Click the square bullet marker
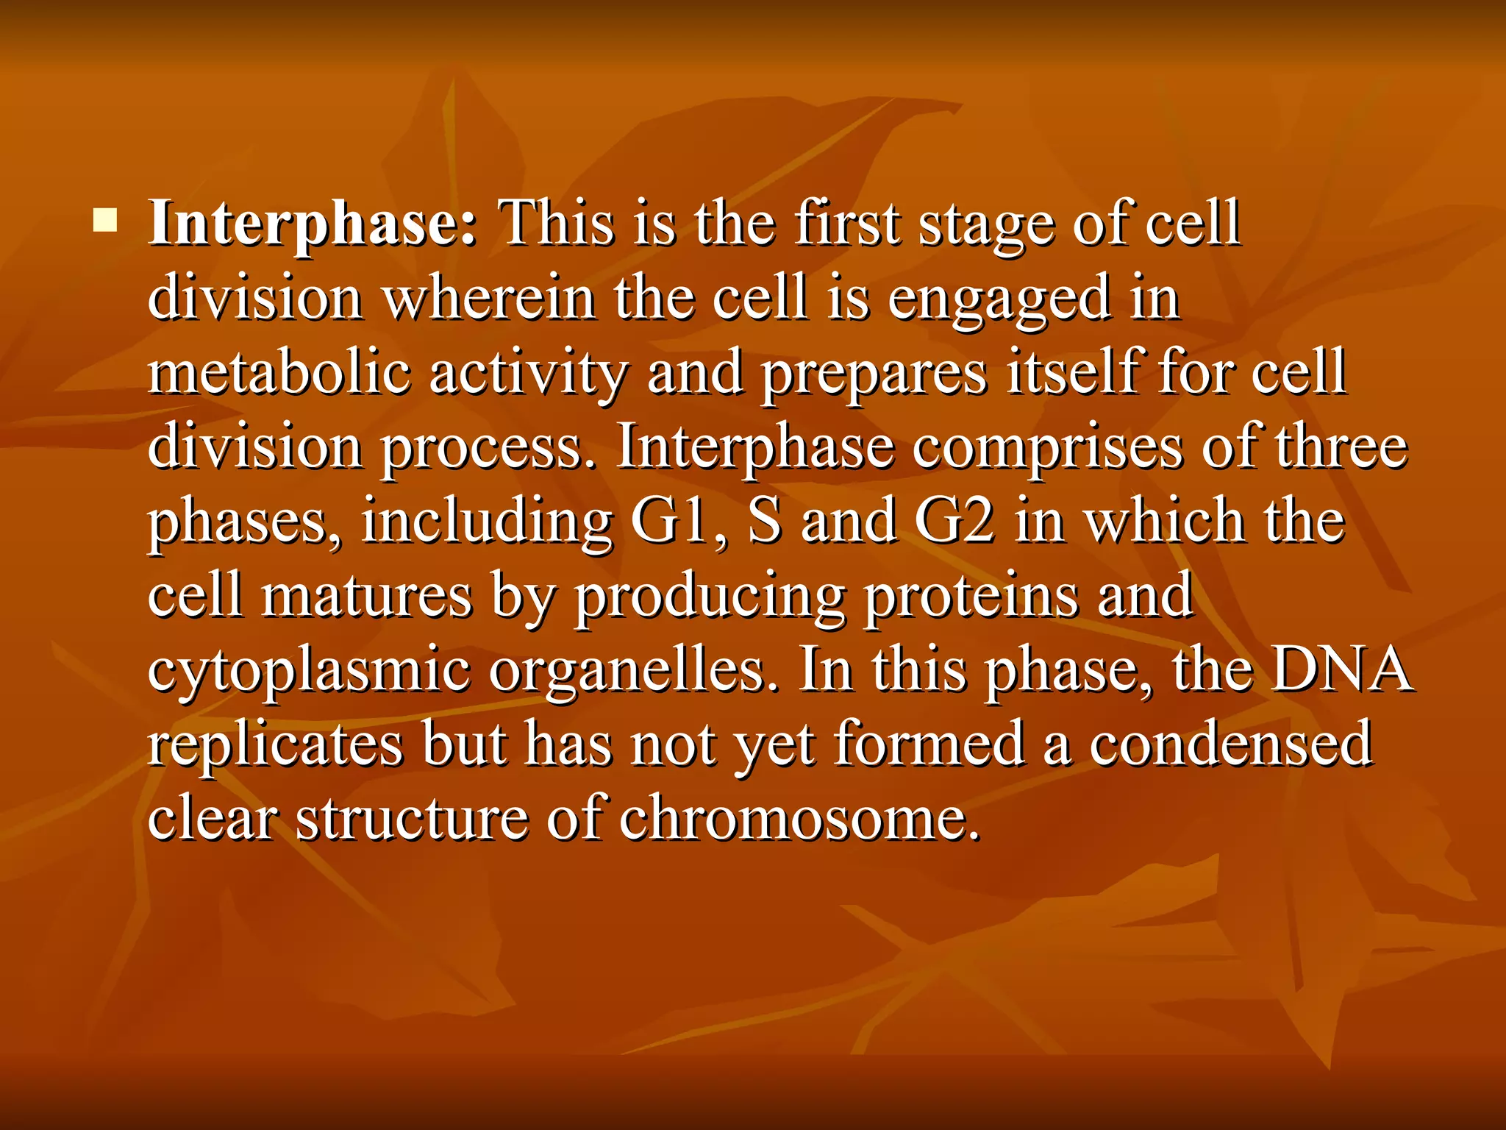105,220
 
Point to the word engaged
999,299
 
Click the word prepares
874,374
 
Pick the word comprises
1047,447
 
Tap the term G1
677,521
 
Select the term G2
954,521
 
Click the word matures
366,596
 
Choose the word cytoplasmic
309,671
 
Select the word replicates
275,745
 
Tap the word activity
527,374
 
